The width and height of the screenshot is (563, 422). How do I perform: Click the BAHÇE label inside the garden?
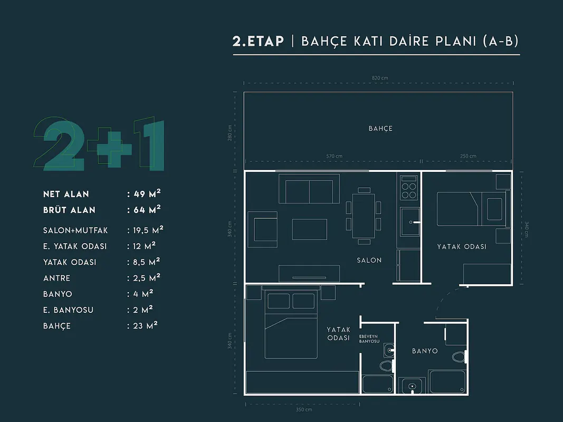pos(380,129)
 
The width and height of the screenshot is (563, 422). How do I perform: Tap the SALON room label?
pos(369,260)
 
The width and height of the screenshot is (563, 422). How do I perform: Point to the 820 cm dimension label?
pos(380,78)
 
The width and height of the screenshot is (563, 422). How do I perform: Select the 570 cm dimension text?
pos(335,156)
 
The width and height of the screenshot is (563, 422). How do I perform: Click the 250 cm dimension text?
pos(468,156)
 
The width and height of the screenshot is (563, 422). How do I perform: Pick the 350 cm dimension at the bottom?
pos(304,409)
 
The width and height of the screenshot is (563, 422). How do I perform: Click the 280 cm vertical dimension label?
pos(230,133)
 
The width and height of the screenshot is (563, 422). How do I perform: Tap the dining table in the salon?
pos(364,216)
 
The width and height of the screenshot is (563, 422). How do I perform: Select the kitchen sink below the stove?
pos(410,222)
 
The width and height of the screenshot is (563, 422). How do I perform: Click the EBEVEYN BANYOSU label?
pos(369,339)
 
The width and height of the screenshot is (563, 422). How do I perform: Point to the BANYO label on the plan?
pos(425,351)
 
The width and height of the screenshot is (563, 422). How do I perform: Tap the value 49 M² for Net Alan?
pos(147,194)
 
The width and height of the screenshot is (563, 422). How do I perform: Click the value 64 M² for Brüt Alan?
pos(147,209)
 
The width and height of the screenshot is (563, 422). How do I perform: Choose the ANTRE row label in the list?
pos(57,278)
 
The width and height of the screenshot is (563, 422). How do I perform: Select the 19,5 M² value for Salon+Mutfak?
pos(148,229)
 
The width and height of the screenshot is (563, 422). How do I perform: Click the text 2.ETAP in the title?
pos(258,41)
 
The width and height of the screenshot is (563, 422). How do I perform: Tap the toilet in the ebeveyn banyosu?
pos(386,366)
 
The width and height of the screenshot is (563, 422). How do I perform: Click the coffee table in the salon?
pos(310,229)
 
